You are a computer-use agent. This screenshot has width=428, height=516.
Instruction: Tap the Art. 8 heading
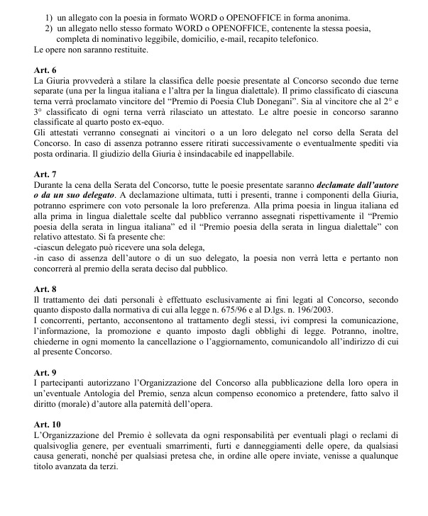point(46,289)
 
